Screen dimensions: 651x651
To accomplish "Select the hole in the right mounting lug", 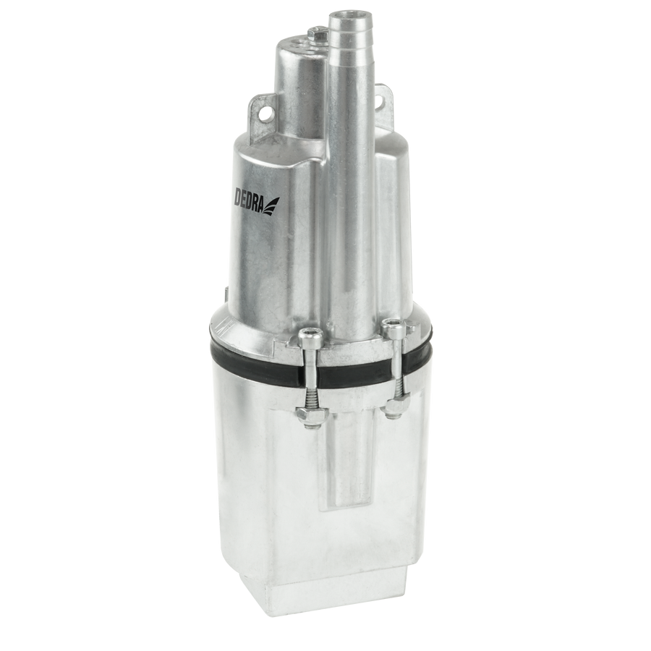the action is pyautogui.click(x=380, y=100).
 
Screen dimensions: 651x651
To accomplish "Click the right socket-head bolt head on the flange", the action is pyautogui.click(x=392, y=325).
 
